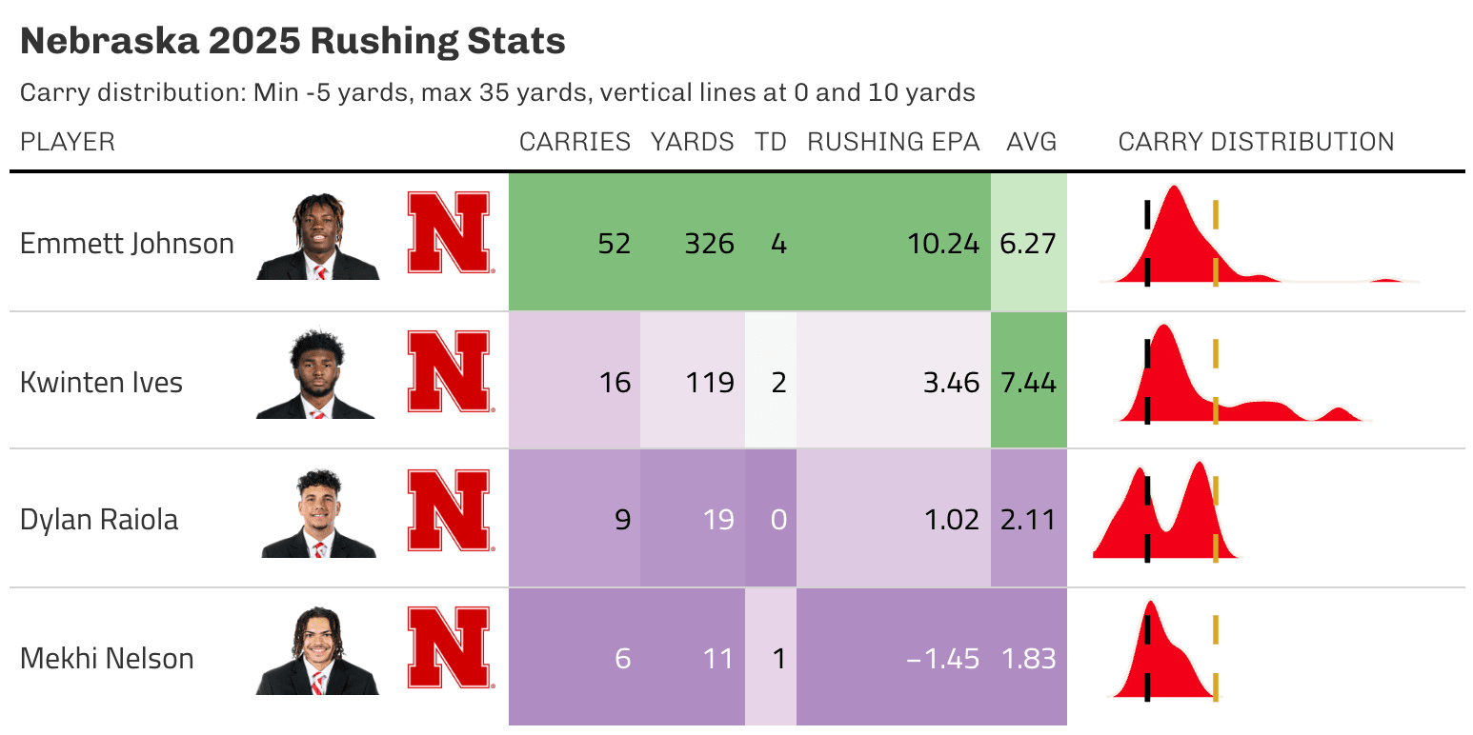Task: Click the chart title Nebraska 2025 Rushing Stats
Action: (x=293, y=42)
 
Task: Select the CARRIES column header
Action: (x=575, y=142)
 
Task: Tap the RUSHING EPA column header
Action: (x=893, y=142)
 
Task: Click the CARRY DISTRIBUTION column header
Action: (x=1256, y=142)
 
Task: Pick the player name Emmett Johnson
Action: (x=127, y=244)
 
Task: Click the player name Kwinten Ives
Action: (x=101, y=383)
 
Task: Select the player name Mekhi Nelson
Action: (x=107, y=659)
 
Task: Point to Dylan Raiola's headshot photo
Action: (x=318, y=515)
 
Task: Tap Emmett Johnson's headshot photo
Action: (x=318, y=238)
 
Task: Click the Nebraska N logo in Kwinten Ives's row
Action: (x=449, y=372)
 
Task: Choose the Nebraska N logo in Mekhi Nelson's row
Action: (x=449, y=648)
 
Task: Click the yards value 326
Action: (x=709, y=244)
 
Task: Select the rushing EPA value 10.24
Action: (x=942, y=244)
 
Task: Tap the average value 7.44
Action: (x=1028, y=383)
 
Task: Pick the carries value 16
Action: (x=615, y=383)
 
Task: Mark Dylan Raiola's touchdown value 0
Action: (x=778, y=521)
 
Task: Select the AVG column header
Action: (x=1031, y=142)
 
